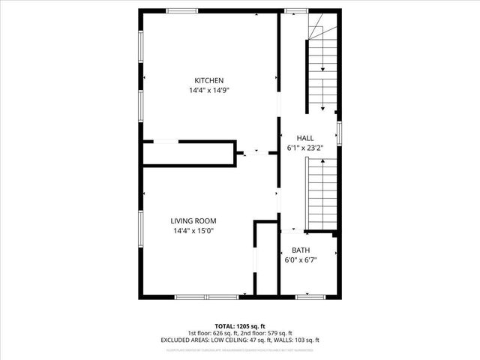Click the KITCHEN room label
coord(209,81)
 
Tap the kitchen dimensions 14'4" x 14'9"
coord(209,91)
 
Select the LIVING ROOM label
coord(193,220)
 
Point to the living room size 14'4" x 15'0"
coord(193,230)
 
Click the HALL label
coord(305,138)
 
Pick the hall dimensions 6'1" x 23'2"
coord(305,148)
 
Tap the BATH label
coord(301,250)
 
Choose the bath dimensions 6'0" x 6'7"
coord(301,260)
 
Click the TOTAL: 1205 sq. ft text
coord(240,326)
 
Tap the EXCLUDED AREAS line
coord(240,340)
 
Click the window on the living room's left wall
coord(140,232)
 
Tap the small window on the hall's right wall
coord(339,133)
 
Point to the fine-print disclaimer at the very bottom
coord(240,349)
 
